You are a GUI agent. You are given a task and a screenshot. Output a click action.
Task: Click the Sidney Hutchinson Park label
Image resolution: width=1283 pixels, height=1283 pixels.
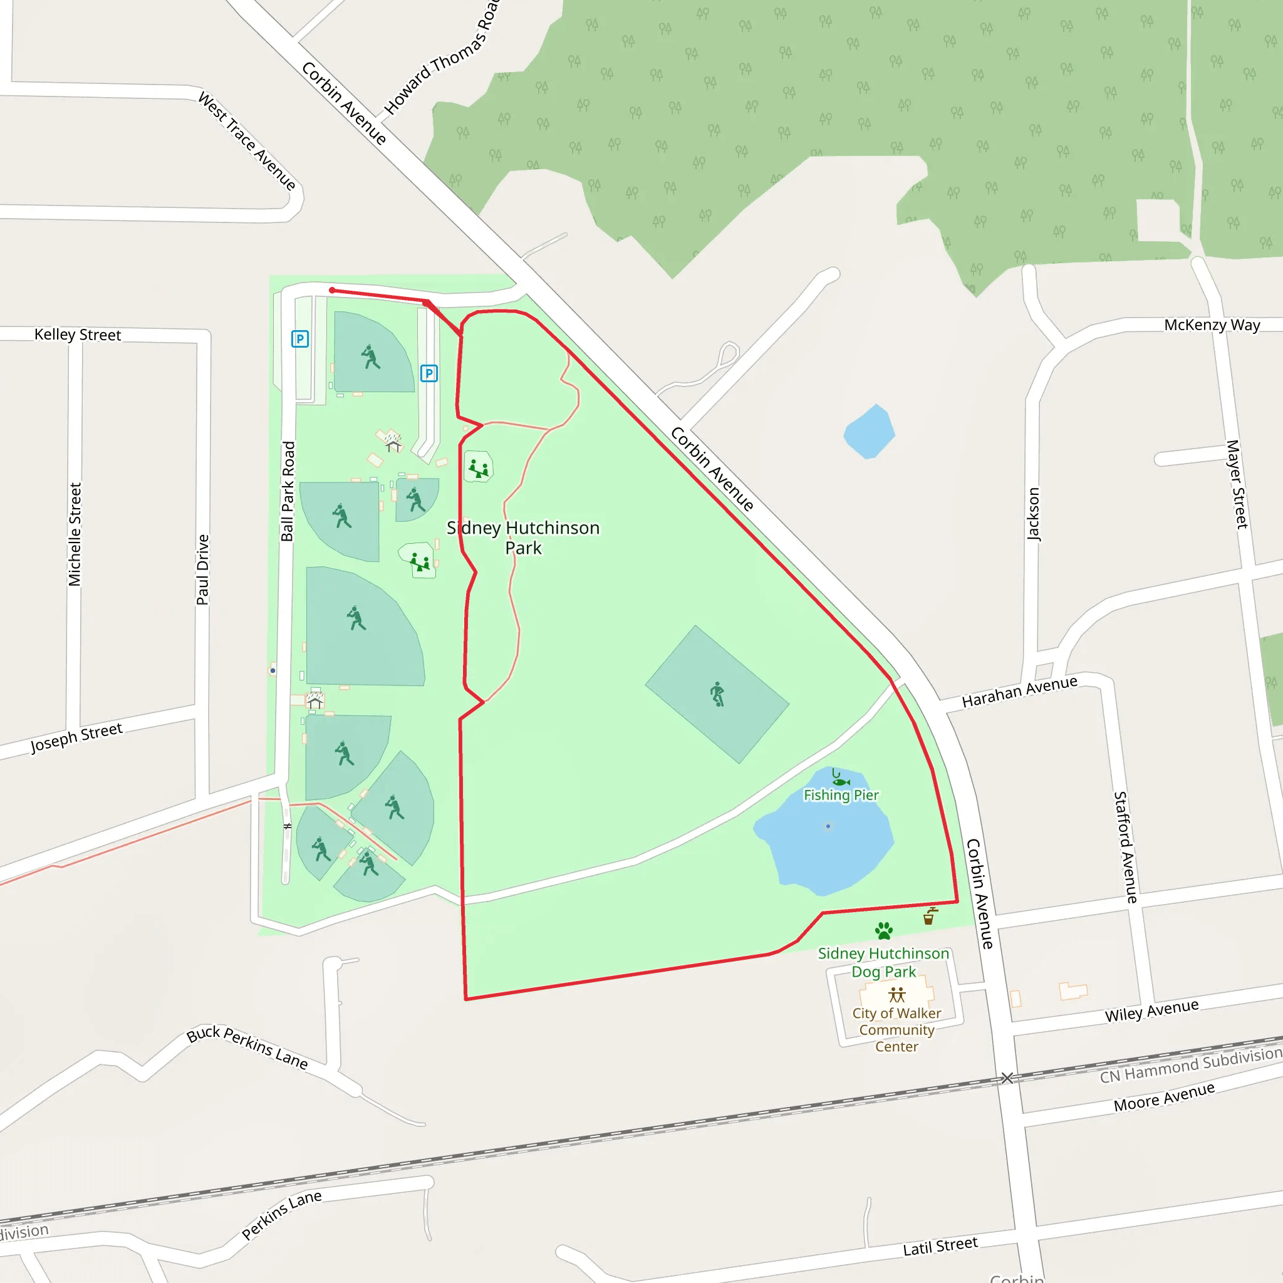click(522, 538)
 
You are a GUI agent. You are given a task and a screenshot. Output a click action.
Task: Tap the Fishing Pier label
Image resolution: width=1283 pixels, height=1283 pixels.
click(841, 795)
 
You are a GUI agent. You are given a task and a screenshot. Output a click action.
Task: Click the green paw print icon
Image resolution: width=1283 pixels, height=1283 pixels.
click(884, 930)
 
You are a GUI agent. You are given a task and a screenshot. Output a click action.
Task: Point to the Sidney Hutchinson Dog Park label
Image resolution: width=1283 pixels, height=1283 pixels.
click(883, 962)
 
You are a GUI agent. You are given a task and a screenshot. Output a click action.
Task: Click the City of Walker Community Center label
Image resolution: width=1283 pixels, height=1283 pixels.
click(896, 1029)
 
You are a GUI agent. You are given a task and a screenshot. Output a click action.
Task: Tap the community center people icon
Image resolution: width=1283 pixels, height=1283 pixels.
click(896, 995)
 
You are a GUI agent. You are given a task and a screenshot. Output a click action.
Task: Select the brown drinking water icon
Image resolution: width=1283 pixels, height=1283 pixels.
click(930, 917)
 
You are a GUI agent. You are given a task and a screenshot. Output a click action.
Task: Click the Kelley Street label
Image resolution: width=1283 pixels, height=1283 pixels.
click(78, 335)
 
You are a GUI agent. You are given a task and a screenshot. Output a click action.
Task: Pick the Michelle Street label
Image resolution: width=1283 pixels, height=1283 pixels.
click(75, 534)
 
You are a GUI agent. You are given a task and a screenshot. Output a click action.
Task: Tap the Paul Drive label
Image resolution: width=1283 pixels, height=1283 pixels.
click(202, 570)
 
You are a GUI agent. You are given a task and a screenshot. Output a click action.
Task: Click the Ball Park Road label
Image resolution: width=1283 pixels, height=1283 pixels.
click(288, 491)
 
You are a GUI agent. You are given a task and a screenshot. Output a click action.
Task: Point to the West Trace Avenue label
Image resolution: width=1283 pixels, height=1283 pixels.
click(247, 142)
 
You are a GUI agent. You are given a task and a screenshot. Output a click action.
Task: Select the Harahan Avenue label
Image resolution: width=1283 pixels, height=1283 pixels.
click(1019, 692)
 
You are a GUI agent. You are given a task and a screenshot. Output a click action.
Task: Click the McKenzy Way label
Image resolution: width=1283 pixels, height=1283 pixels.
click(1212, 325)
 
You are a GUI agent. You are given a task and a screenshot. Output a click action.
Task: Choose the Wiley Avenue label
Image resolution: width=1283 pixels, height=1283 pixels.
click(1151, 1010)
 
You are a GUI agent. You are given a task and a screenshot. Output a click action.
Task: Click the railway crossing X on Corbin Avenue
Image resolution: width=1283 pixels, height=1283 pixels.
click(1007, 1078)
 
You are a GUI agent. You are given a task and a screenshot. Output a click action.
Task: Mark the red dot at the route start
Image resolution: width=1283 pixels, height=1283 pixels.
click(332, 290)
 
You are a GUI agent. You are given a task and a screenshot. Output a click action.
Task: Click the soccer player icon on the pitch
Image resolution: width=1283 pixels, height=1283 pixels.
click(717, 694)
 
